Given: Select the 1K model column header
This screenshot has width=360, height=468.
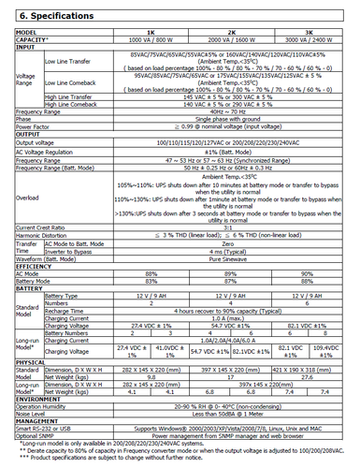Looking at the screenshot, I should point(139,31).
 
